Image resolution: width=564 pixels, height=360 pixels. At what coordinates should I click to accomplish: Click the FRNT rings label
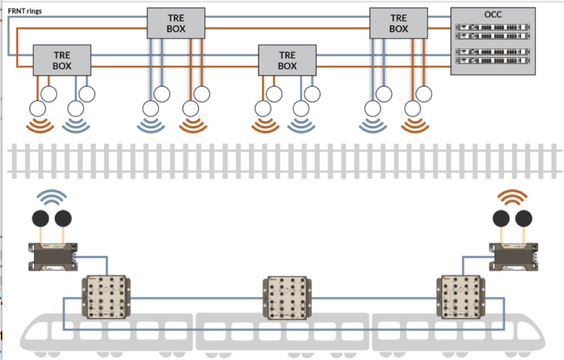tap(25, 11)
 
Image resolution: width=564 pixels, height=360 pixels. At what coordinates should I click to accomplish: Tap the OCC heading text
tap(493, 14)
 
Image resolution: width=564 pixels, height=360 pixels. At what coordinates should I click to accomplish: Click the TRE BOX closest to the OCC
tap(398, 24)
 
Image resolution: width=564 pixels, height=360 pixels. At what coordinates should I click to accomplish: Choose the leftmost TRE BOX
tap(62, 60)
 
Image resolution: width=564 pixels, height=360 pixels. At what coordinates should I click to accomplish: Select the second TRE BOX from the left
tap(176, 24)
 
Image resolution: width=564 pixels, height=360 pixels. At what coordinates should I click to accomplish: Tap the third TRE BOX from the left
tap(287, 60)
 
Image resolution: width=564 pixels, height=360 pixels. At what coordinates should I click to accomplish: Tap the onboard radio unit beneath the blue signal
tap(53, 255)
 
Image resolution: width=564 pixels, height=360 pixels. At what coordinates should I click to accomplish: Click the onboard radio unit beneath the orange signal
tap(515, 255)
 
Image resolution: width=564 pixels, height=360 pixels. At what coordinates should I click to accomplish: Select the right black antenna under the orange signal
tap(524, 218)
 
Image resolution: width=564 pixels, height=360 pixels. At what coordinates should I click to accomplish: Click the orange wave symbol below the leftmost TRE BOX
tap(39, 125)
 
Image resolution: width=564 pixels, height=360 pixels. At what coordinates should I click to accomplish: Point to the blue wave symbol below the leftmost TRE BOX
tap(76, 125)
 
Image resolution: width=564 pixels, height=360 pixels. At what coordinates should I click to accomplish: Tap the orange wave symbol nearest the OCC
tap(414, 125)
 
